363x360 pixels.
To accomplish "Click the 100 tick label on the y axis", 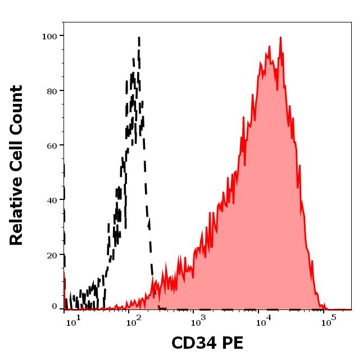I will coord(50,36).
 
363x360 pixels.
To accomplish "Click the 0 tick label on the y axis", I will coord(55,307).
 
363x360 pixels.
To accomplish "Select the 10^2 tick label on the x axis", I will coord(134,321).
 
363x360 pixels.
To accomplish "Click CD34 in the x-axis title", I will coord(192,343).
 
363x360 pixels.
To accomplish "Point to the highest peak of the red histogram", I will coord(280,38).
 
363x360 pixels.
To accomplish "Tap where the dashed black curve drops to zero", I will coord(160,308).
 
